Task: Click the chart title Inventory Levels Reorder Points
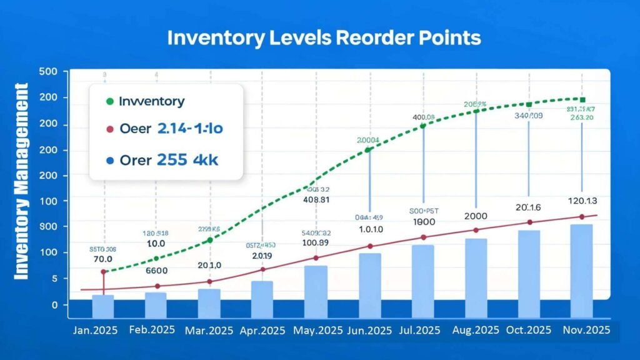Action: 324,37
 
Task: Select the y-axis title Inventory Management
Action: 21,181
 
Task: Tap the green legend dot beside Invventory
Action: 109,101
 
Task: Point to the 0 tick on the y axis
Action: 56,305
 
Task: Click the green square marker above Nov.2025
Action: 582,100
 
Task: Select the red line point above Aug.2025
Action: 476,230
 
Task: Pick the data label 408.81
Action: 317,201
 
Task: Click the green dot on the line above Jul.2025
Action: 422,126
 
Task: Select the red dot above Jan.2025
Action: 103,272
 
